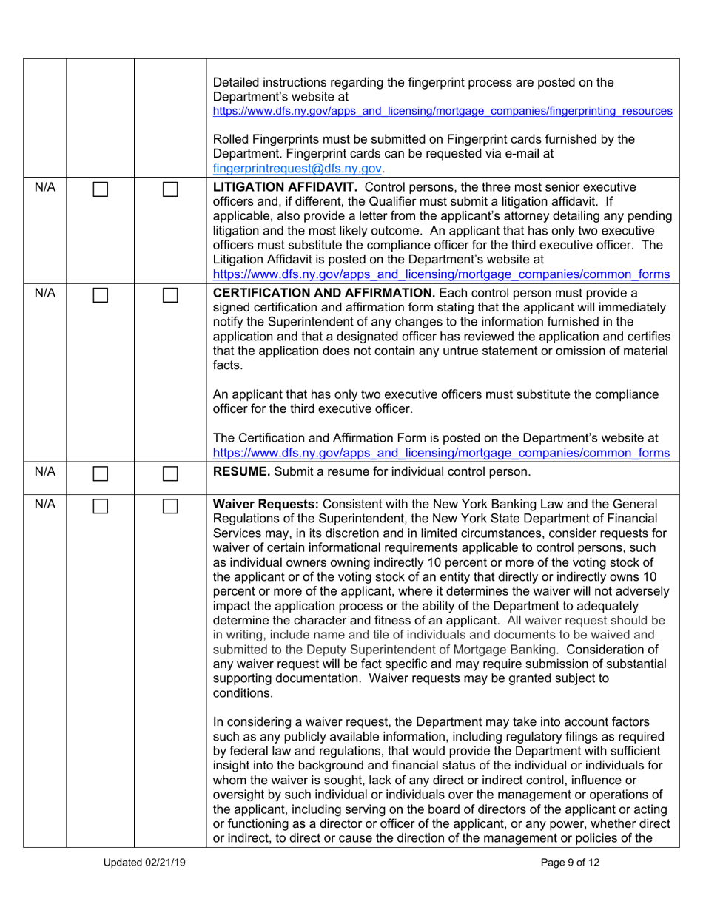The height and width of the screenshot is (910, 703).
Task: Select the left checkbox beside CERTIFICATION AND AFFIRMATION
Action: (101, 299)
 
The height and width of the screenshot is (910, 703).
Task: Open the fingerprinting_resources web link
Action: (443, 111)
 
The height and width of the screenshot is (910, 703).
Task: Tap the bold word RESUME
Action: (239, 468)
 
